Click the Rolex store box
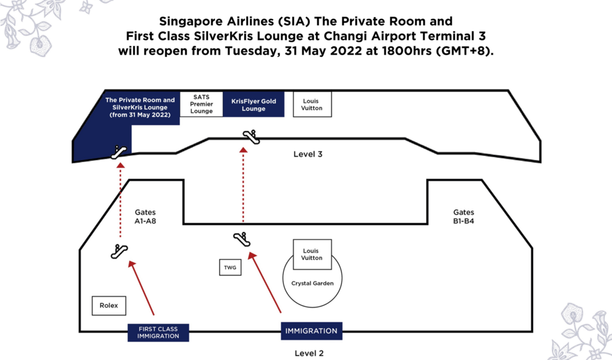108,305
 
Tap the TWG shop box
229,268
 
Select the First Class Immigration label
158,332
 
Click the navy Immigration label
311,331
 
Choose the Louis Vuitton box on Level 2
312,254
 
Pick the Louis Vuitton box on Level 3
312,104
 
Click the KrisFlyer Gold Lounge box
253,105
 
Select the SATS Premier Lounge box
201,104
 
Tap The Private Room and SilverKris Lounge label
140,107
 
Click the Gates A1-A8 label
146,217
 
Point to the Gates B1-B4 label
464,217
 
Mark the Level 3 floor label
308,154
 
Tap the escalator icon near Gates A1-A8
119,250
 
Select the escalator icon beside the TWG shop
242,238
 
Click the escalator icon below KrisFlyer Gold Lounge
251,137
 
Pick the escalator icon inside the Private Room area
119,152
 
